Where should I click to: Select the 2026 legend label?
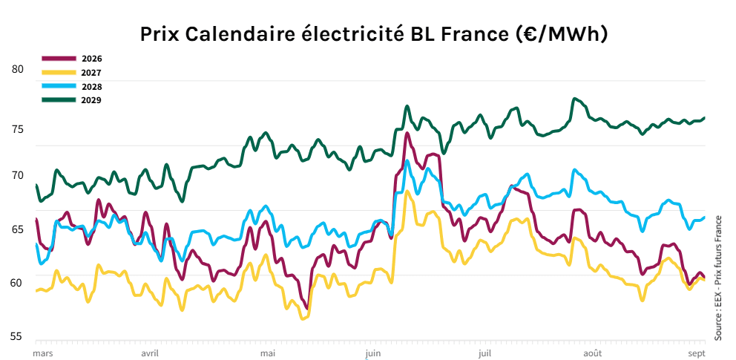point(92,58)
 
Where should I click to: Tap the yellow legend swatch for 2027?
point(59,72)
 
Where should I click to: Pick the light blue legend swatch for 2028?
point(59,86)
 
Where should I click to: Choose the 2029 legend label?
point(92,99)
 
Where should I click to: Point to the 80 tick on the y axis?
point(18,69)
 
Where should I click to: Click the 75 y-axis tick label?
point(18,130)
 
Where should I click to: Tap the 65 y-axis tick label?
point(18,229)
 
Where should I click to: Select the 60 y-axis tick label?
point(18,282)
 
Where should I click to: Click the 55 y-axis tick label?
point(18,336)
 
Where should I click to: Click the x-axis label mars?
point(43,353)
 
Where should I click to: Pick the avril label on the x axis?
point(150,353)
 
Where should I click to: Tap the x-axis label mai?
point(268,353)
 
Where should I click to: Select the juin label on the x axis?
point(374,353)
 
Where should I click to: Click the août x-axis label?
point(592,353)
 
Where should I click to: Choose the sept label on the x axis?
point(697,353)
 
